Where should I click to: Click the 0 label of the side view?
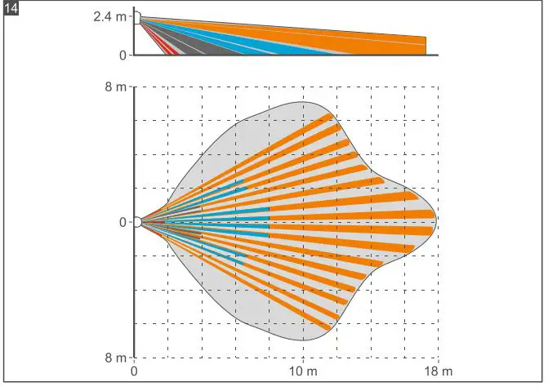coord(123,56)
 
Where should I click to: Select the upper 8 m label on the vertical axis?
coord(116,87)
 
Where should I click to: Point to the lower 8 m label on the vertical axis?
coord(116,358)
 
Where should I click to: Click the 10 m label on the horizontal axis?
coord(304,372)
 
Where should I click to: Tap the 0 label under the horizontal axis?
coord(134,372)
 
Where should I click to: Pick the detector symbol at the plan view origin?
coord(138,222)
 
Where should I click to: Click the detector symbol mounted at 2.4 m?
coord(137,17)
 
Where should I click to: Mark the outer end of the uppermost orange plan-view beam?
coord(330,116)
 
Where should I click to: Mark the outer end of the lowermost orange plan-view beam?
coord(330,327)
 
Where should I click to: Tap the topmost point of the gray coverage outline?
coord(304,102)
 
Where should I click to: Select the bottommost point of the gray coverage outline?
coord(304,341)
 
